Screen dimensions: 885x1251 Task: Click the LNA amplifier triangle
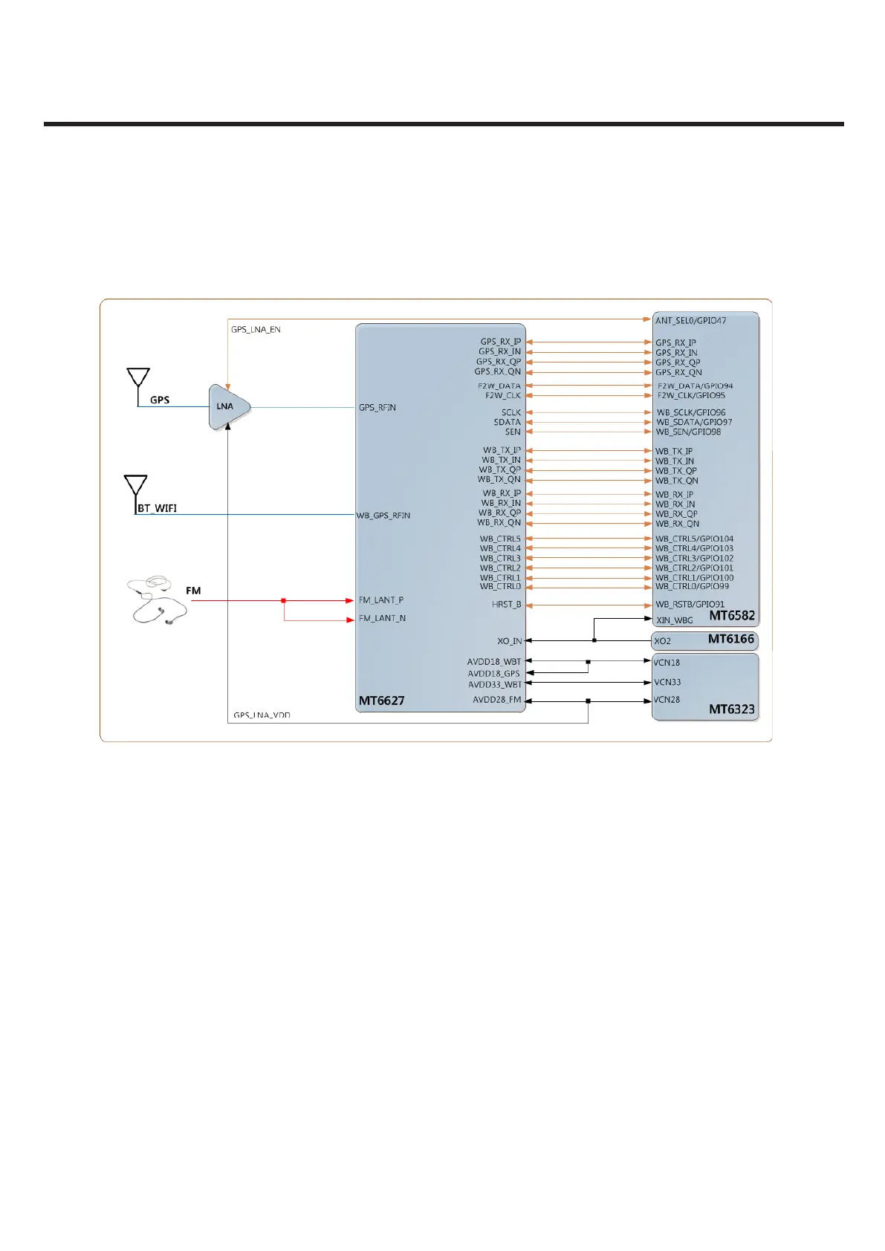point(228,406)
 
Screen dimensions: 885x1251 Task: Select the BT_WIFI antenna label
point(158,509)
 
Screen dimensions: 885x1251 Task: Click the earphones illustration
point(155,599)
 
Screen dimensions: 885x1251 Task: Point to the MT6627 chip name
point(382,701)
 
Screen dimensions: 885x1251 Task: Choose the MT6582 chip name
point(731,615)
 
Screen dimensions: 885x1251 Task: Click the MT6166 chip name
point(730,639)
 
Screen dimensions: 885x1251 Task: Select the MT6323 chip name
point(731,709)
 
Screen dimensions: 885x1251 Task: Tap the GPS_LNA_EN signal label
point(256,330)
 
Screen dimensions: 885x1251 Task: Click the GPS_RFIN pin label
point(377,408)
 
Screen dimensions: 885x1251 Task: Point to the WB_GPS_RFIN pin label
point(383,516)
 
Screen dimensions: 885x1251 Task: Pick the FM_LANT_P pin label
point(381,600)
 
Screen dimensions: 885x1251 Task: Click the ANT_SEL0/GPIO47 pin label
point(690,321)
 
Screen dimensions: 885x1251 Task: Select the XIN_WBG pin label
point(674,620)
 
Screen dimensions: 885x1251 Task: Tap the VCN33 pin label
point(667,682)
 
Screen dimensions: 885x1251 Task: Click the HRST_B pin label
point(506,605)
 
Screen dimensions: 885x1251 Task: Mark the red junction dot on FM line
point(284,600)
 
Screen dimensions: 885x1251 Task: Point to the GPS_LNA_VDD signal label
point(262,715)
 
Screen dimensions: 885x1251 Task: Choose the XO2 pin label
point(662,641)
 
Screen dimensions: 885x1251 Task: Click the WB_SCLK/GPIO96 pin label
point(691,413)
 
